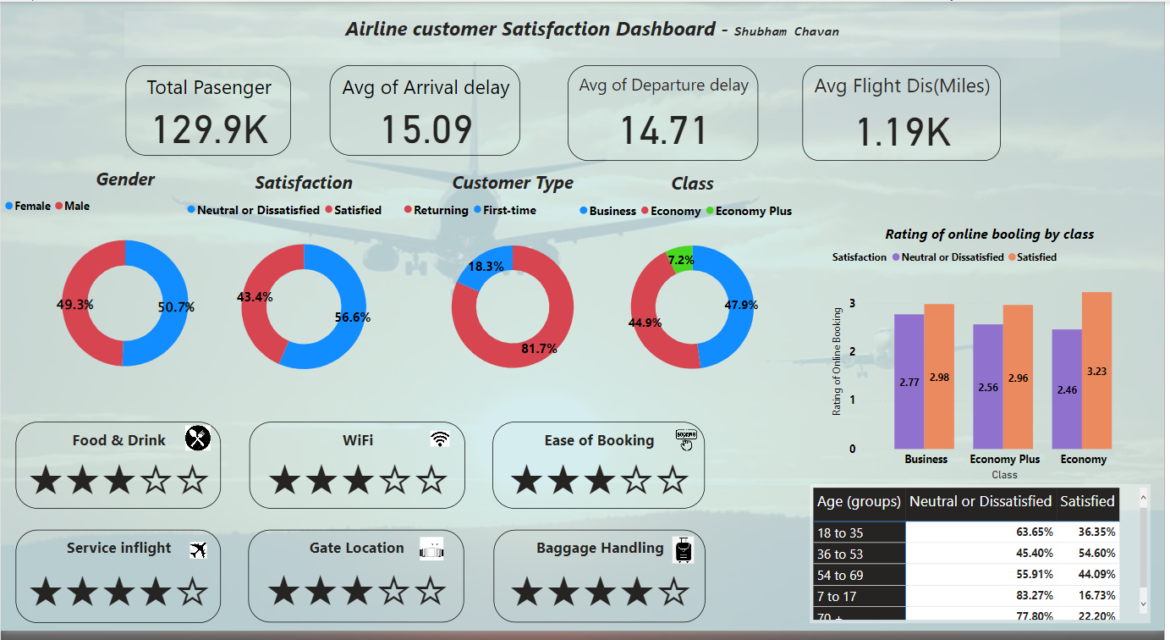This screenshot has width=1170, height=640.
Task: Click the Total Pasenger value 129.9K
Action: coord(209,130)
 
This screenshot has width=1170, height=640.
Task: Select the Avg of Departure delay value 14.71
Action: coord(663,130)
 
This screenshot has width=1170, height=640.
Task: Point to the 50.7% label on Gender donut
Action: coord(176,307)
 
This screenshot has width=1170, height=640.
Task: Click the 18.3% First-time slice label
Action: coord(486,266)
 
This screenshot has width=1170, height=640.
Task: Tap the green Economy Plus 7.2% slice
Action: coord(680,259)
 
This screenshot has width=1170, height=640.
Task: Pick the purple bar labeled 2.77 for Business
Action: coord(909,381)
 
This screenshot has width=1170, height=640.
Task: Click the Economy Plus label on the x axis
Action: coord(1004,459)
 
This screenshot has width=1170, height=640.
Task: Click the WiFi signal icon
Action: coord(439,439)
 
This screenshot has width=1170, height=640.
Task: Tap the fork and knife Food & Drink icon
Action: coord(197,438)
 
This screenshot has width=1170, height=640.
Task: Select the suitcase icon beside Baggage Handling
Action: coord(683,550)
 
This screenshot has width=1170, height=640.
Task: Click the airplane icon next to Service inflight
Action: coord(199,550)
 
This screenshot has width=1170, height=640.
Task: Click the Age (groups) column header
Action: coord(859,502)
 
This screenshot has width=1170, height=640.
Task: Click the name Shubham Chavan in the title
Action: coord(786,31)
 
